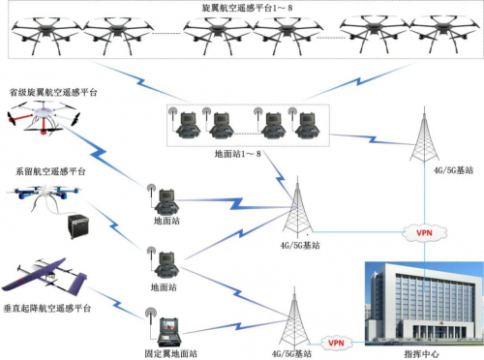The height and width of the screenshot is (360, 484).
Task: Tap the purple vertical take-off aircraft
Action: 44,275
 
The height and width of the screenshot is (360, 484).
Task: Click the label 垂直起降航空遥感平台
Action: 48,308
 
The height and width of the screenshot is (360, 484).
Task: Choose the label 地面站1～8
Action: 238,154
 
